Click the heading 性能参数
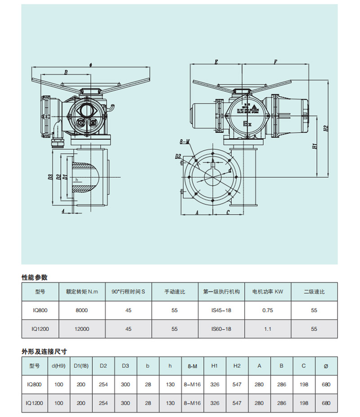35,277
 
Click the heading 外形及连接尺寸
41,350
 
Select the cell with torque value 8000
82,310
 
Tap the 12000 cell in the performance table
82,329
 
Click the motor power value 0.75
267,310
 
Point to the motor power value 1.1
267,329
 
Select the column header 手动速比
175,291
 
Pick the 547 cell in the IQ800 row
237,385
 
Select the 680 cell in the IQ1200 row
326,404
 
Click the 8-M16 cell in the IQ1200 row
192,404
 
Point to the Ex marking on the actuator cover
247,122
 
